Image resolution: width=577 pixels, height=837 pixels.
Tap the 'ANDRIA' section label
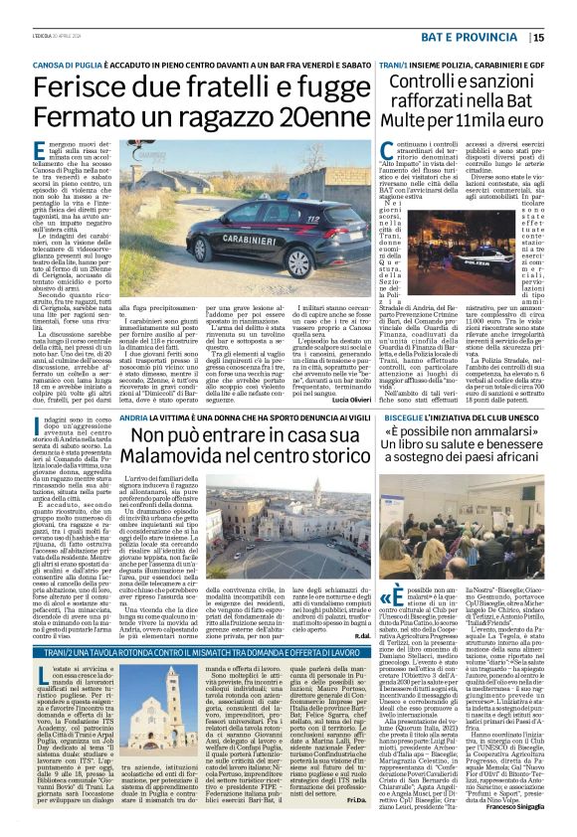[131, 418]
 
